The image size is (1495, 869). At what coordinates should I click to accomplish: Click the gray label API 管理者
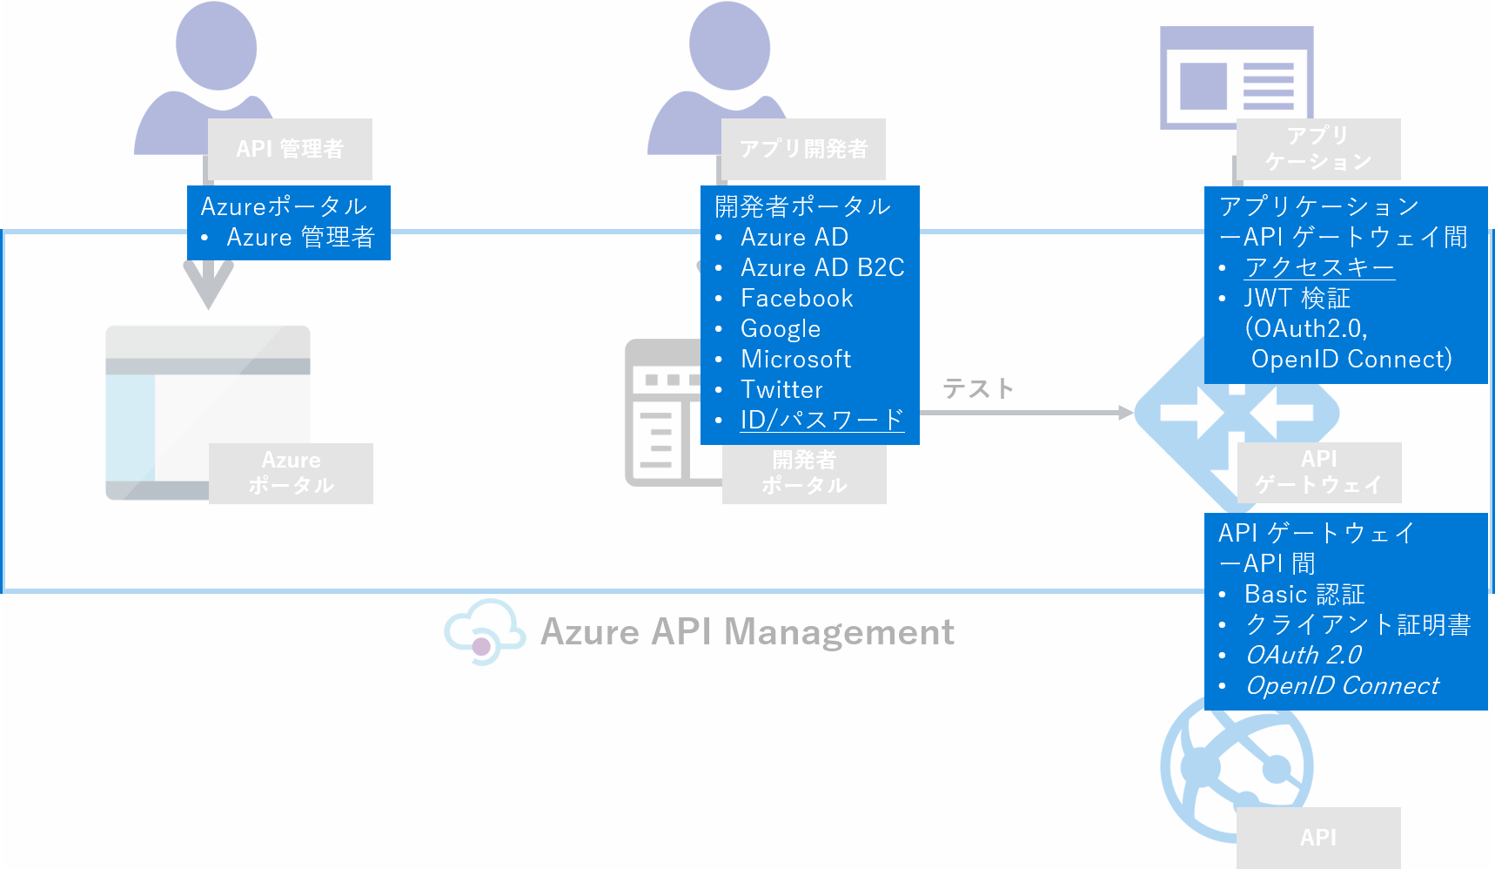[x=290, y=149]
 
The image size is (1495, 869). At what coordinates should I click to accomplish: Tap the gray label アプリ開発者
[x=803, y=149]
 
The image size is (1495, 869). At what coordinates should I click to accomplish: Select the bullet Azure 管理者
[x=300, y=237]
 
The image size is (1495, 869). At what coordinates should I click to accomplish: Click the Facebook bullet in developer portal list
[x=796, y=298]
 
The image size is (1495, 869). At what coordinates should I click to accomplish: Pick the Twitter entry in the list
[x=781, y=389]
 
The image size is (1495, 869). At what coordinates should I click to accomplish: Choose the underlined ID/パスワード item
[x=821, y=420]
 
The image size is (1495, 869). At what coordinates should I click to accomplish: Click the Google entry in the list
[x=781, y=328]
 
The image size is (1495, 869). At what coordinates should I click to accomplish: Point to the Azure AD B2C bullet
[x=822, y=267]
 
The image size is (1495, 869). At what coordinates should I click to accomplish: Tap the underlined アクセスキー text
[x=1319, y=267]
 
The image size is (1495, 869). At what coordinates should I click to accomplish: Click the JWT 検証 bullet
[x=1297, y=298]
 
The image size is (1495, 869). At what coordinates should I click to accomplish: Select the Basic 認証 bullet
[x=1304, y=594]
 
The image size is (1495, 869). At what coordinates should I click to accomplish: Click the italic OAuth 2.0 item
[x=1304, y=655]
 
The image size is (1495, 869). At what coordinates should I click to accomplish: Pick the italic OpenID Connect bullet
[x=1342, y=685]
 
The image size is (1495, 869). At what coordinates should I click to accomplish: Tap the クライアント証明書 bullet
[x=1358, y=624]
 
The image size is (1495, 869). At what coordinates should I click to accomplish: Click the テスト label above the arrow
[x=978, y=388]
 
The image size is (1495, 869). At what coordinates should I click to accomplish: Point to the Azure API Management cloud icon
[x=484, y=632]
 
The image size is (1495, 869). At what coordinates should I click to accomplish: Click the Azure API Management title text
[x=747, y=632]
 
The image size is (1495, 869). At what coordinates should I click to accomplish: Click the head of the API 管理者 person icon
[x=216, y=45]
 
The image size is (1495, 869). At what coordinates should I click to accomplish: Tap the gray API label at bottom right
[x=1317, y=837]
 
